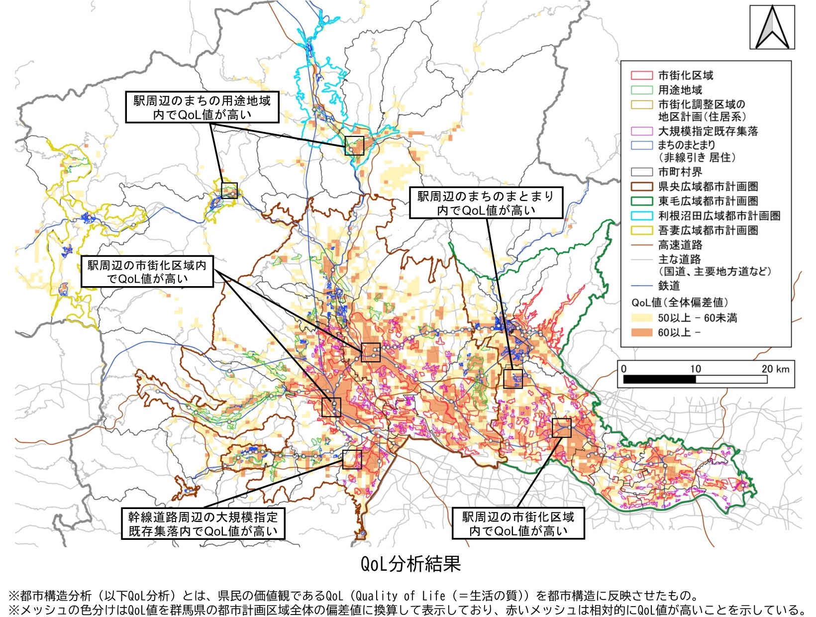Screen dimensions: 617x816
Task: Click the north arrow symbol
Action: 772,27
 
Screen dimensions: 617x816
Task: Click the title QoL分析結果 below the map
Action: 410,564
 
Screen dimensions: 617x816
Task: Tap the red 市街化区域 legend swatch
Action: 642,76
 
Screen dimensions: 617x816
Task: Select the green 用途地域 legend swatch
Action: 642,90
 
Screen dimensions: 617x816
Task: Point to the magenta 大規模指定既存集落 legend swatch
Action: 642,131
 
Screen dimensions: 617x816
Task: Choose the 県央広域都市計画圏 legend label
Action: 708,187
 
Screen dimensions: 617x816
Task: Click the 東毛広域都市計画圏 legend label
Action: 708,201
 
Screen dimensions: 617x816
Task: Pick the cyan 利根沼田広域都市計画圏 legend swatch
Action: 642,216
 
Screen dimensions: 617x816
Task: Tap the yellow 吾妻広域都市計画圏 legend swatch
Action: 642,230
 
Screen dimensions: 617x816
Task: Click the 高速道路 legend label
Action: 680,245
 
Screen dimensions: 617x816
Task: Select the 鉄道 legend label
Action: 669,286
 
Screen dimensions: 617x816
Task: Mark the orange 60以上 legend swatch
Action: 642,332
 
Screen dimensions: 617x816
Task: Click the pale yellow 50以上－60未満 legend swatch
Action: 642,318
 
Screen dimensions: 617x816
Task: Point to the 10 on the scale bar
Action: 696,369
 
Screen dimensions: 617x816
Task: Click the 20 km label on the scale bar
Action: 775,369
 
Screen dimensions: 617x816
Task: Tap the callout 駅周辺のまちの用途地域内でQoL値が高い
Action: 202,107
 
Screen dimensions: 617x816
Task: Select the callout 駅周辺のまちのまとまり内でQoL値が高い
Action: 486,203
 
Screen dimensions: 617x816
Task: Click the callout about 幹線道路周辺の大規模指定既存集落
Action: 203,524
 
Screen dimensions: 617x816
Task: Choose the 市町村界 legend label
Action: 680,172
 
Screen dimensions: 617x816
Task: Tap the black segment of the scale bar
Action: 659,380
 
